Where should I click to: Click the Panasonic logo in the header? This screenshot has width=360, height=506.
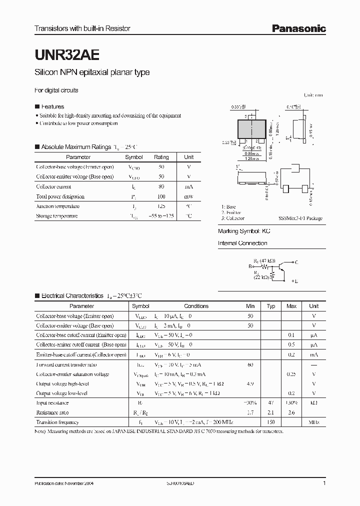tap(298, 29)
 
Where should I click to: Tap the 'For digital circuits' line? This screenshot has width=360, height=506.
tap(56, 90)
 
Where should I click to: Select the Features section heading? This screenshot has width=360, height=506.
tap(52, 106)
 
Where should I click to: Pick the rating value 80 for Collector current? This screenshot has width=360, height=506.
tap(161, 186)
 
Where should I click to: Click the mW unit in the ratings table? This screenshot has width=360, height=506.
tap(188, 196)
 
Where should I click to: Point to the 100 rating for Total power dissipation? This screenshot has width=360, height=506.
tap(161, 196)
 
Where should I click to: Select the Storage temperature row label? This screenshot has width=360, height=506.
tap(57, 216)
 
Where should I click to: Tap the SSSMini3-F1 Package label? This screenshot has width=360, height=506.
tap(300, 218)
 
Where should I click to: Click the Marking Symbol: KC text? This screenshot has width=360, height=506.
tap(243, 232)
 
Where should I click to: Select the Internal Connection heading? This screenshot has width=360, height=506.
tap(242, 243)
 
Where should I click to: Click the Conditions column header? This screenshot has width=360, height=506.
tap(196, 306)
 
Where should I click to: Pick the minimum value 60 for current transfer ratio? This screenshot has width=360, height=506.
tap(250, 364)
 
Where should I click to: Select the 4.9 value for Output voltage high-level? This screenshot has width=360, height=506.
tap(250, 383)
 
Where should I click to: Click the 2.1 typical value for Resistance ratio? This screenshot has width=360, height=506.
tap(271, 412)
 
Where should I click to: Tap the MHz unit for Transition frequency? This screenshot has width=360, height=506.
tap(313, 422)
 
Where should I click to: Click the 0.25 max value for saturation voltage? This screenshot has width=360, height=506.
tap(291, 374)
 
